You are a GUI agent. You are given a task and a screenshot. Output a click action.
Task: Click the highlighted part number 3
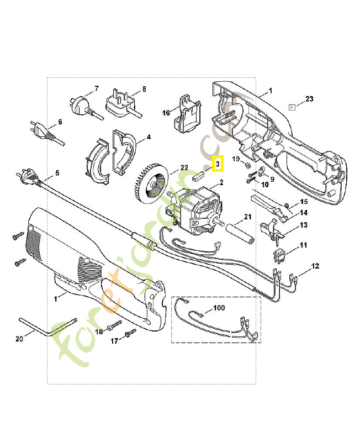(218, 164)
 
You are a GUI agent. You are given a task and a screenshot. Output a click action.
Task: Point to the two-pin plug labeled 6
(39, 132)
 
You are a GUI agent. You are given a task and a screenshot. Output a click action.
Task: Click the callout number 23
(309, 99)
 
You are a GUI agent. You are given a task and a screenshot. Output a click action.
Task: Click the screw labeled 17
(131, 333)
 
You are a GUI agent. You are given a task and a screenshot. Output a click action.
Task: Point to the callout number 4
(149, 136)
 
